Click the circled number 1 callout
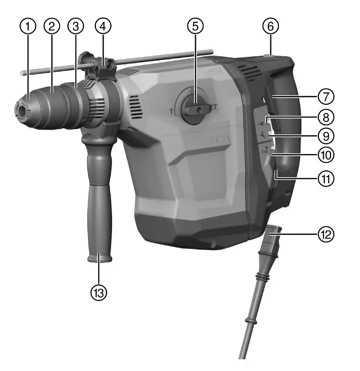[x=30, y=27]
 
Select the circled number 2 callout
[x=52, y=27]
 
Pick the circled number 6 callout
[x=269, y=27]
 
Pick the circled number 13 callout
[x=100, y=291]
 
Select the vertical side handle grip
[x=99, y=200]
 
